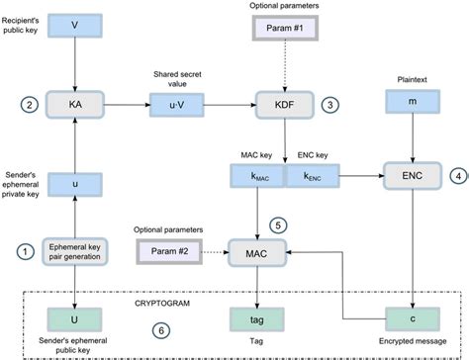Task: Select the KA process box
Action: (x=76, y=103)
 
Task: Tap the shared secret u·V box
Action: (x=175, y=103)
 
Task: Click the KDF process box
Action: (x=284, y=103)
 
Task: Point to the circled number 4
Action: (x=457, y=177)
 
